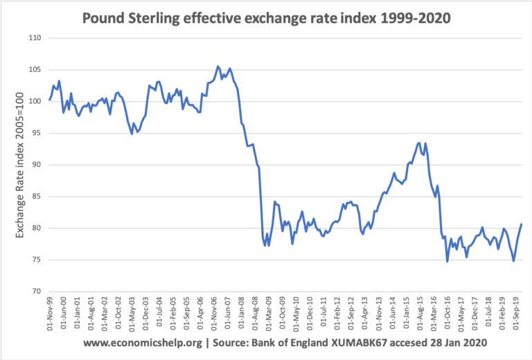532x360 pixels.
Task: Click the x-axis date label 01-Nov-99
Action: [50, 316]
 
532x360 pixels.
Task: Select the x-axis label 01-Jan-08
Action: [242, 316]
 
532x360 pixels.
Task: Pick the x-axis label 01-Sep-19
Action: [515, 316]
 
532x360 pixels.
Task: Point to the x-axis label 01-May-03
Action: [132, 316]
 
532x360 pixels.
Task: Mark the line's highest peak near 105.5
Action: [218, 66]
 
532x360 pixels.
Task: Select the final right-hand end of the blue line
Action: [521, 224]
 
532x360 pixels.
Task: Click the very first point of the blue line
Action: [49, 99]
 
